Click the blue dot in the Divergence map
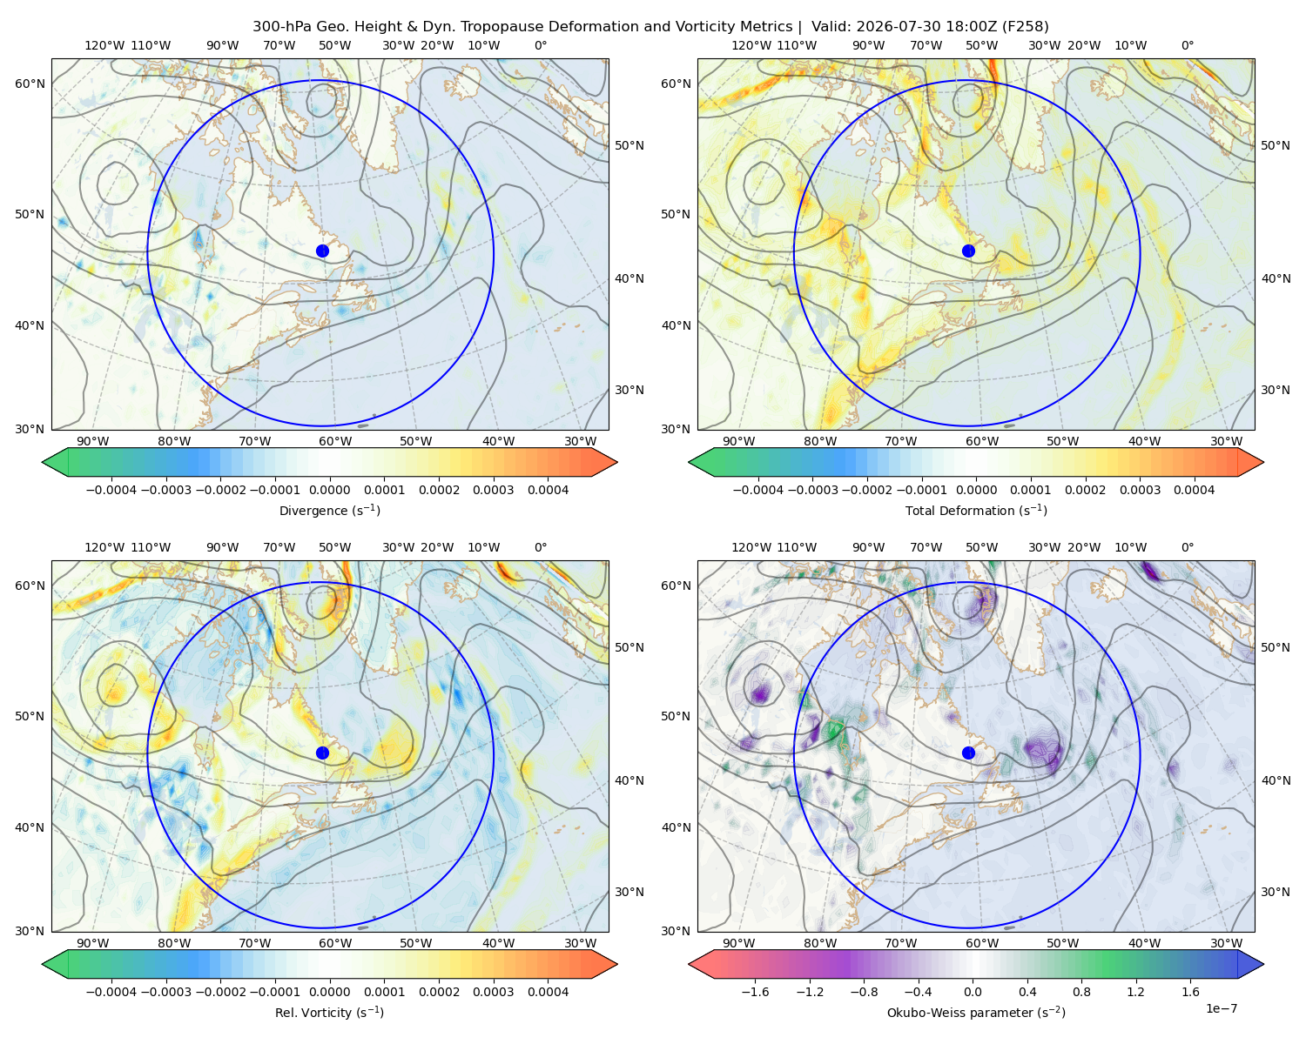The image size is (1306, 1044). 322,251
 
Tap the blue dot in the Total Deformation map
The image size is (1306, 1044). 968,251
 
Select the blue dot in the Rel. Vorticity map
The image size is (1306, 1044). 322,753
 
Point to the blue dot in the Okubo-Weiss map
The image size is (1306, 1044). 968,753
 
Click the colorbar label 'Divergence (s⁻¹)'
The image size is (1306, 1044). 329,510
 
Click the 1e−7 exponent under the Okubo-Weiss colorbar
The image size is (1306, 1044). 1221,1008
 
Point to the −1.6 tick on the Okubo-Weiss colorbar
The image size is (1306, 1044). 756,991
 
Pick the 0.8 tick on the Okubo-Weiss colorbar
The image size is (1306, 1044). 1081,991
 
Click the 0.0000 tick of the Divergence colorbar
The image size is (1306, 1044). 329,490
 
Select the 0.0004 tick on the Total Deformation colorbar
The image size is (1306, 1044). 1194,490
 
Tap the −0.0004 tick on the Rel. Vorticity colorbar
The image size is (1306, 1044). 111,991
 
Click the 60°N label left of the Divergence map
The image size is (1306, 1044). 30,84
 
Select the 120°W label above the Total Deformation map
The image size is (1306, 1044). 751,45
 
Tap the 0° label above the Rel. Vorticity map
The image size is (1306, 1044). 541,547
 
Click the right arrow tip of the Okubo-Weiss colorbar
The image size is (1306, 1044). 1263,963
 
